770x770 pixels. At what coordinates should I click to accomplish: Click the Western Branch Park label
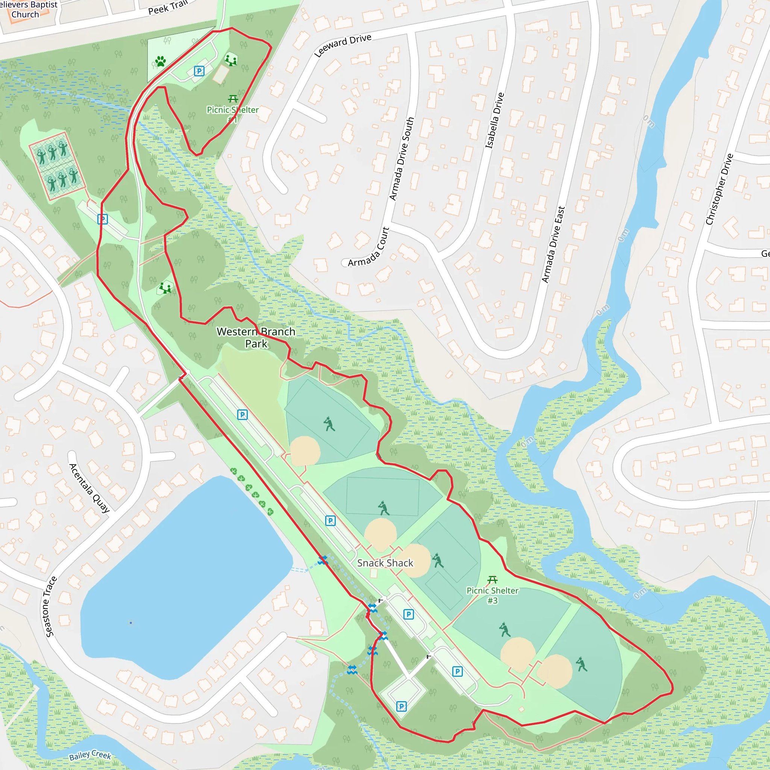click(x=256, y=338)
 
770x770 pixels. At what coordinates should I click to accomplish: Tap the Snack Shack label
click(x=385, y=563)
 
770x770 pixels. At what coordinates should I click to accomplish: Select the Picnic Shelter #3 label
click(x=492, y=596)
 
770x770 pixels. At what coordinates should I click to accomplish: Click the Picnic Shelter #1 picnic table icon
click(x=233, y=99)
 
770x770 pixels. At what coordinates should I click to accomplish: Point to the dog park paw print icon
click(x=161, y=61)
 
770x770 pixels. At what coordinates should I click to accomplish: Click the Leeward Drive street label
click(x=343, y=45)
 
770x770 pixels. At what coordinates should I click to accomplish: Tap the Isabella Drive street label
click(x=495, y=121)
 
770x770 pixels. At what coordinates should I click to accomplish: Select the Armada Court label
click(x=368, y=247)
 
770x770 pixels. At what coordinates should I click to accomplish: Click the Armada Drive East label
click(x=553, y=244)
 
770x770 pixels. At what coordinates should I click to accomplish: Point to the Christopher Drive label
click(x=719, y=189)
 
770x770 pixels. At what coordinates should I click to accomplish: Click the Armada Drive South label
click(x=402, y=159)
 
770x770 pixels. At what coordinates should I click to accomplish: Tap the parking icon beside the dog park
click(x=199, y=71)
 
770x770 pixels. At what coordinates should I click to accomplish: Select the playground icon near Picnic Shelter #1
click(x=231, y=59)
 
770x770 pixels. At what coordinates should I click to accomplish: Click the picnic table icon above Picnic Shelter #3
click(x=493, y=579)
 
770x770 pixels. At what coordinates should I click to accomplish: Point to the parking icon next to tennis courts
click(x=102, y=219)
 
